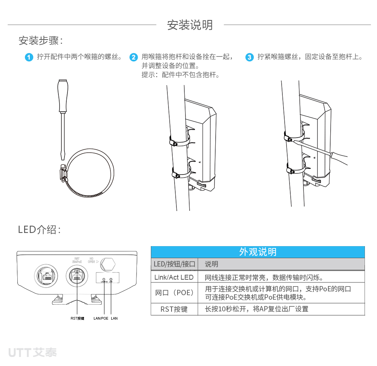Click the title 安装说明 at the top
click(190, 25)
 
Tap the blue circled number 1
click(29, 57)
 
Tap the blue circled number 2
click(133, 57)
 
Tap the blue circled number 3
click(249, 57)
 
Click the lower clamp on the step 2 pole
click(180, 174)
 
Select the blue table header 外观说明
click(257, 252)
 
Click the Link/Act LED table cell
click(174, 277)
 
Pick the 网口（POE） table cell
click(174, 293)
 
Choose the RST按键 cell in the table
click(174, 309)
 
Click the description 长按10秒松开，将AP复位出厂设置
click(256, 309)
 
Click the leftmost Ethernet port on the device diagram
click(46, 276)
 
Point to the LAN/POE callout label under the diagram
click(101, 318)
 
